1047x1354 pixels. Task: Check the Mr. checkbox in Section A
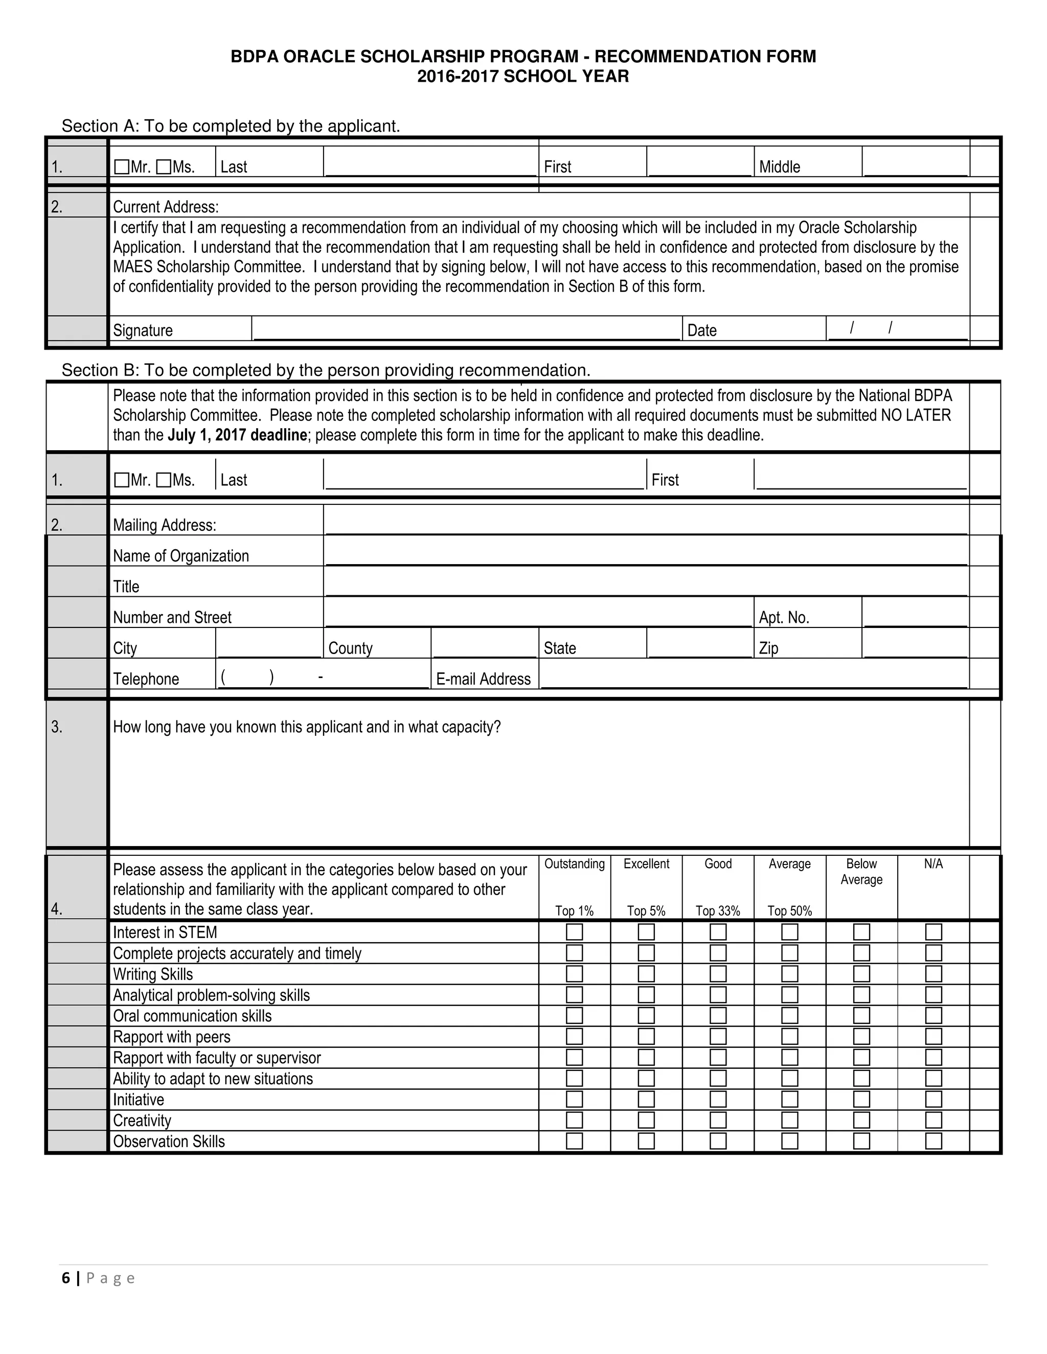click(x=122, y=167)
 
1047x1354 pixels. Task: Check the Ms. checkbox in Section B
click(x=164, y=480)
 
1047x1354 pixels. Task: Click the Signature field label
click(x=143, y=331)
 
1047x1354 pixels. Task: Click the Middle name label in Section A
click(x=779, y=167)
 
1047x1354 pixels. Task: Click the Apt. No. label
click(x=784, y=618)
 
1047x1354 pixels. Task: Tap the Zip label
click(x=768, y=648)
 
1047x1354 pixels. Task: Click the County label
click(x=350, y=648)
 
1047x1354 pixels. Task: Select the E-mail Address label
click(x=483, y=679)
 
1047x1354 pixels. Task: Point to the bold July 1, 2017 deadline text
click(x=237, y=435)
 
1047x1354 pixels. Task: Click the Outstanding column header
click(x=574, y=864)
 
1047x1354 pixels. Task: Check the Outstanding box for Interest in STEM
click(x=574, y=932)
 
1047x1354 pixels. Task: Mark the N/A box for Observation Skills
click(x=933, y=1141)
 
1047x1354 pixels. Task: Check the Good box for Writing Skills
click(x=718, y=974)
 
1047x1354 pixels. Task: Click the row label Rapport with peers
click(x=171, y=1037)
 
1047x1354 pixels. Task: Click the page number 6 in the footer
click(x=66, y=1278)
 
